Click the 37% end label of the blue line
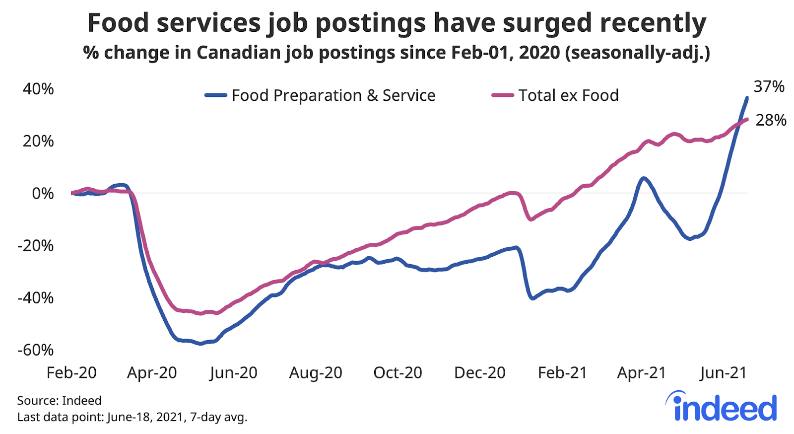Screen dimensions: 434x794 [x=769, y=87]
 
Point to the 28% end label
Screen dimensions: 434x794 [x=771, y=120]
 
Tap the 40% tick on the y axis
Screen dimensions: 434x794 [x=38, y=89]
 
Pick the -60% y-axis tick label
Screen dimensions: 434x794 [x=36, y=350]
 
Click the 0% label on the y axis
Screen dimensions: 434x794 [x=43, y=193]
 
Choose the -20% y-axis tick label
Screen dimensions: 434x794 [x=36, y=245]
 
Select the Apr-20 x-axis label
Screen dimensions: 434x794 [x=152, y=372]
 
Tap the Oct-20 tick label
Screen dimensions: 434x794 [x=397, y=372]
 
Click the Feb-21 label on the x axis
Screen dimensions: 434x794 [x=562, y=372]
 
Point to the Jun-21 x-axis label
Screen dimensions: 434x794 [x=723, y=372]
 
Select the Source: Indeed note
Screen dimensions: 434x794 [x=59, y=400]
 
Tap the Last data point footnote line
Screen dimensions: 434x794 [x=132, y=417]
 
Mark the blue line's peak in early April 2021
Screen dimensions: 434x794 [x=643, y=178]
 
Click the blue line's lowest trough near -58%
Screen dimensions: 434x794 [x=200, y=343]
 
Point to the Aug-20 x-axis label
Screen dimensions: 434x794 [x=316, y=372]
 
